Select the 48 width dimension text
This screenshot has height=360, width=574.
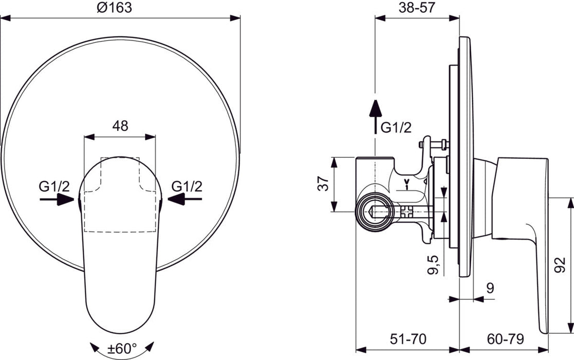click(x=120, y=125)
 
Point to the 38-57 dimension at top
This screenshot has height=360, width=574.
click(x=417, y=7)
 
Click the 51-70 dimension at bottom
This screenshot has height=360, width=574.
click(x=408, y=339)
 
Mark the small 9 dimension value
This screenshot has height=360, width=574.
click(x=490, y=288)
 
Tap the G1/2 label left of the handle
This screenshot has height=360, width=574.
click(x=54, y=186)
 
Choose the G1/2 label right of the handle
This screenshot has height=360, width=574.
click(x=187, y=186)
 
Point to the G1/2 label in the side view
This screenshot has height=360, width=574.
click(x=396, y=128)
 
